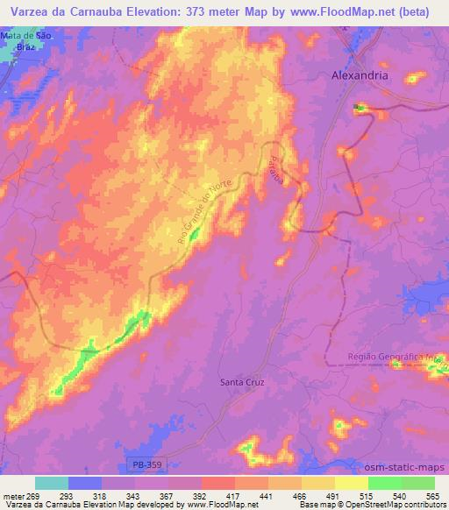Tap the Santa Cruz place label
[241, 382]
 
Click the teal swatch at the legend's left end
[52, 483]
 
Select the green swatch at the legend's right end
[418, 483]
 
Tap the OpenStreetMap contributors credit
[400, 505]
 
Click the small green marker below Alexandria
[357, 107]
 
